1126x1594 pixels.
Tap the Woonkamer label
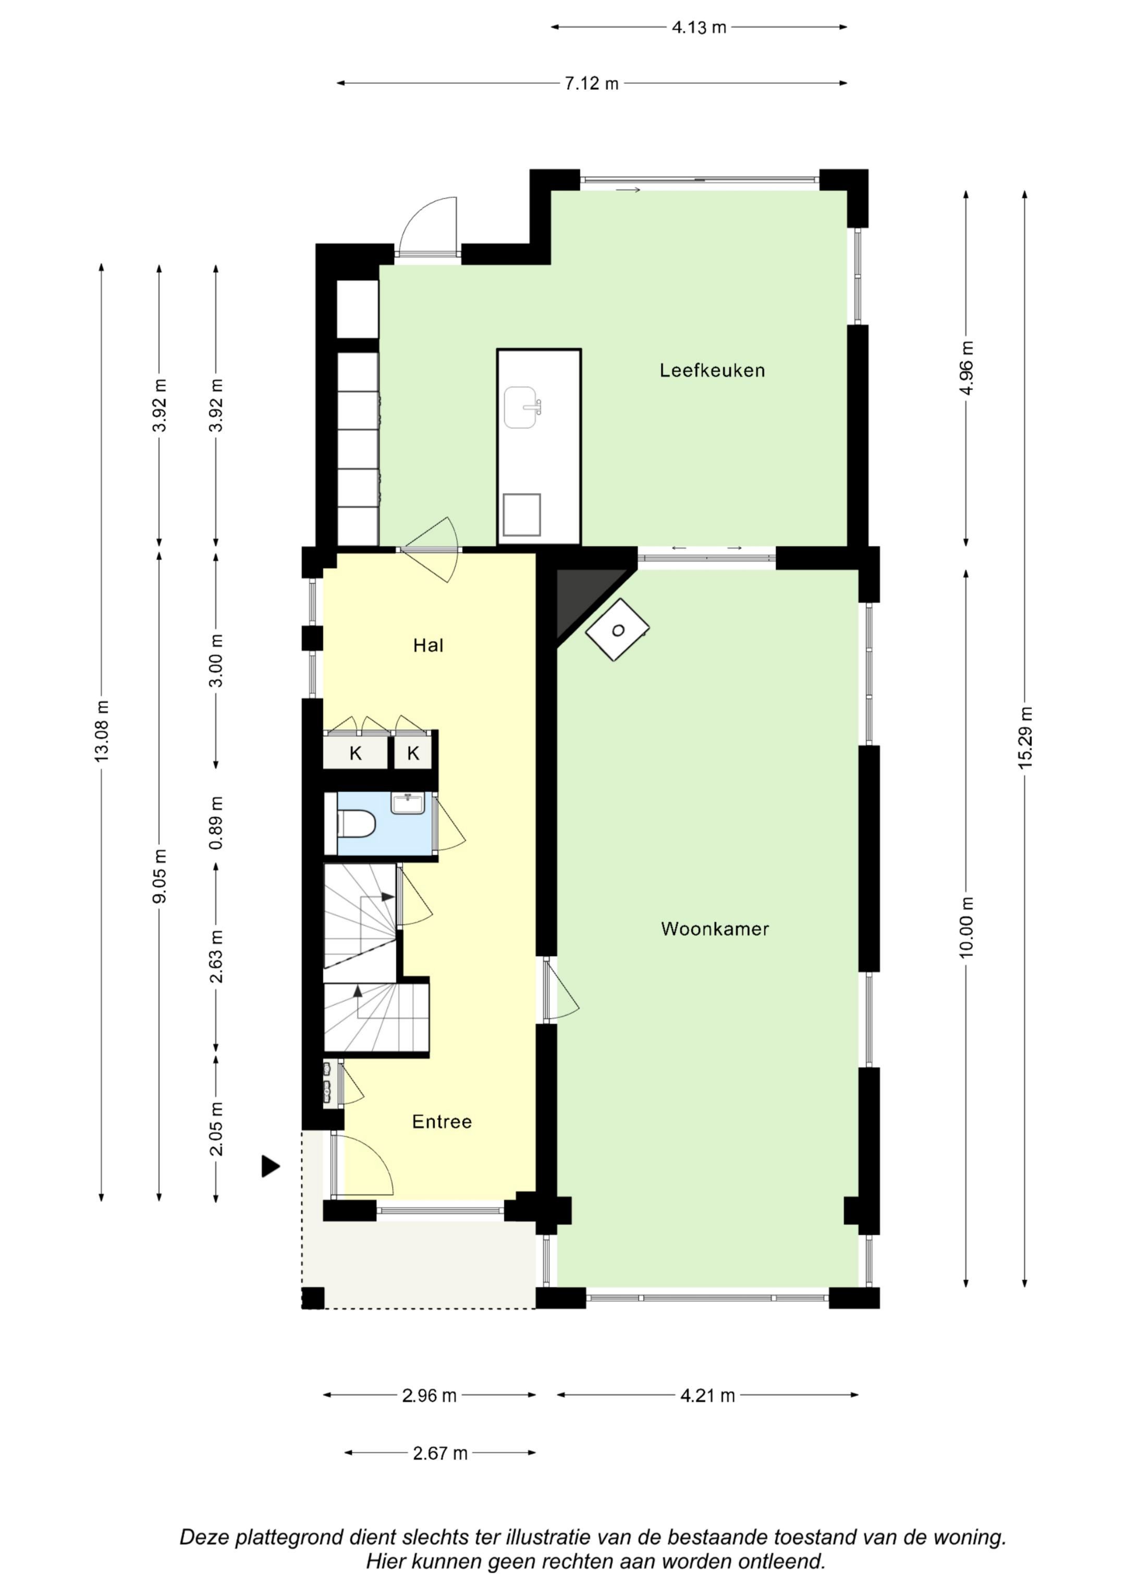point(715,929)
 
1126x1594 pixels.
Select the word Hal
point(428,645)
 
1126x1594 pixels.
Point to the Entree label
point(442,1121)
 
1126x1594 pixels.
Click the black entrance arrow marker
point(271,1166)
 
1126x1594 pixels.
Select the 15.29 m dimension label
point(1025,737)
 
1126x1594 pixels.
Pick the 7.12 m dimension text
point(591,84)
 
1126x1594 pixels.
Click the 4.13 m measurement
point(699,28)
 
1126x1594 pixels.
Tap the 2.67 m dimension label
point(440,1454)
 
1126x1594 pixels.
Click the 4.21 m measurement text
point(707,1395)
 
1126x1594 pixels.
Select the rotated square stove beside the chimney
point(617,630)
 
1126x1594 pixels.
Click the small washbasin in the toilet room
point(408,803)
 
